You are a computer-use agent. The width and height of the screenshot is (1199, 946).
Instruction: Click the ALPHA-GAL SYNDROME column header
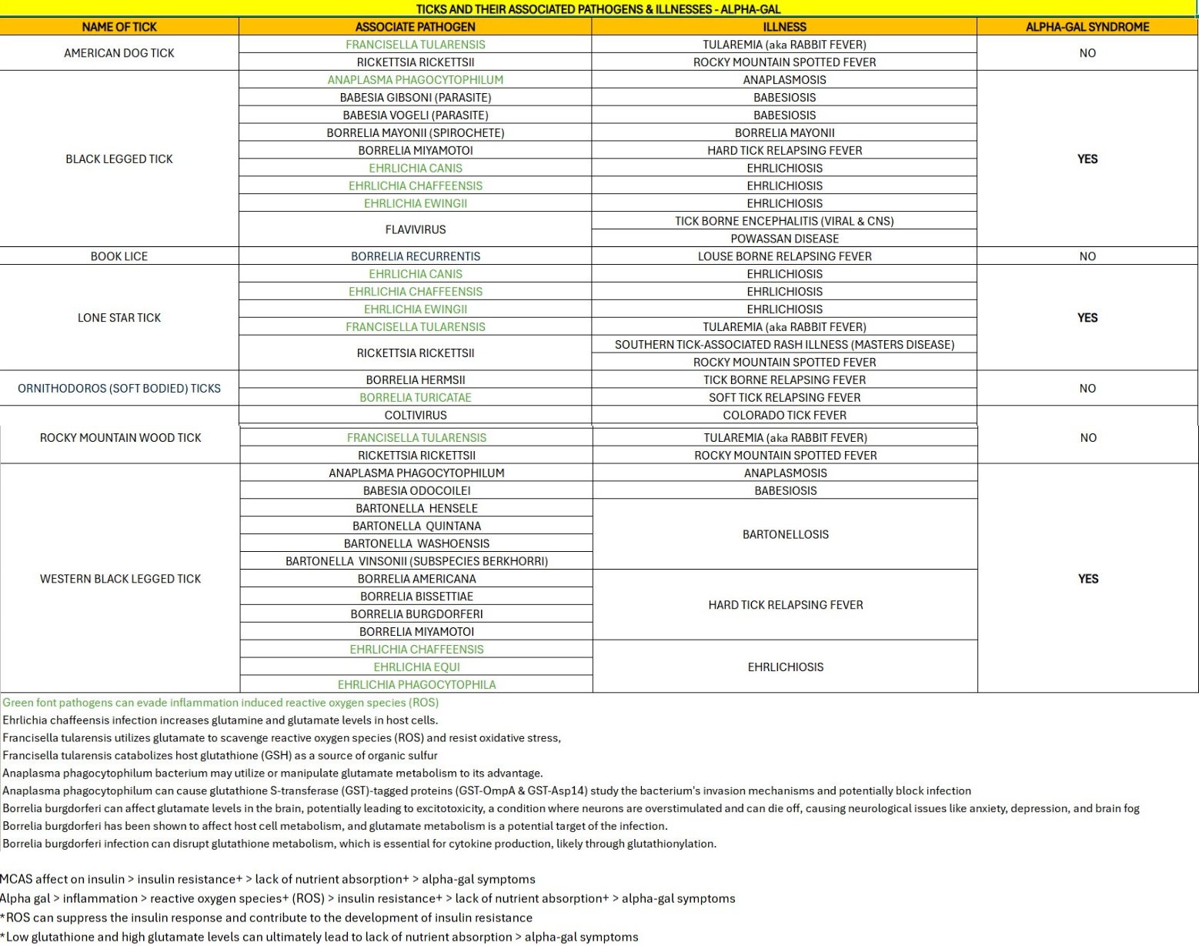pyautogui.click(x=1087, y=27)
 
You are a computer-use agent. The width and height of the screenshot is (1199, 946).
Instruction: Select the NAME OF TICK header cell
pyautogui.click(x=119, y=27)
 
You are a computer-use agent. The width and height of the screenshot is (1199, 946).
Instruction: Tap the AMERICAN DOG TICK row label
pyautogui.click(x=119, y=53)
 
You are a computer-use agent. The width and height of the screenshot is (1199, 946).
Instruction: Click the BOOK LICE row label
pyautogui.click(x=119, y=256)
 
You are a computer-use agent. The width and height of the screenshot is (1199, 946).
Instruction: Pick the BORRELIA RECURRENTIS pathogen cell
pyautogui.click(x=416, y=256)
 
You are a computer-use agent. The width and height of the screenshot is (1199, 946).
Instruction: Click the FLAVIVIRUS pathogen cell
pyautogui.click(x=416, y=229)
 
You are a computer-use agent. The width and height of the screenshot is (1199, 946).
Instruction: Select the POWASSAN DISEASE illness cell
pyautogui.click(x=784, y=239)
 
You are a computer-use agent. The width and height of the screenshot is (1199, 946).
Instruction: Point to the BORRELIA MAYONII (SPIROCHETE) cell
pyautogui.click(x=416, y=133)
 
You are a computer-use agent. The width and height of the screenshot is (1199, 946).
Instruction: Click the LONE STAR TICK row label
pyautogui.click(x=119, y=318)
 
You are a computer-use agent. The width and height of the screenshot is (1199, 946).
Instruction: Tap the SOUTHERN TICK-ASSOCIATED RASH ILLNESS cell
pyautogui.click(x=784, y=345)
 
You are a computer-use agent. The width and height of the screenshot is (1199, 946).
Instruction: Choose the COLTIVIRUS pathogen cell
pyautogui.click(x=416, y=416)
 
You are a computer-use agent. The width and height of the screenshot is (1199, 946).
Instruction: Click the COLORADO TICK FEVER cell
pyautogui.click(x=784, y=416)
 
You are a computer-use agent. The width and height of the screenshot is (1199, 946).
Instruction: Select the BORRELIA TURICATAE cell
pyautogui.click(x=416, y=398)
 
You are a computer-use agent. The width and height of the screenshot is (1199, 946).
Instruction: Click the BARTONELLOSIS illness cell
pyautogui.click(x=785, y=534)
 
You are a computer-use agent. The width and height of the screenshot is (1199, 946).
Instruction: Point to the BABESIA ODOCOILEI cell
pyautogui.click(x=416, y=491)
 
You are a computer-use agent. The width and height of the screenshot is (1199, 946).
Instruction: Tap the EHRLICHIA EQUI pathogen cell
pyautogui.click(x=416, y=667)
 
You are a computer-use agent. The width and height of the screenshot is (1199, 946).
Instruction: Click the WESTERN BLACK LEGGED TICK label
pyautogui.click(x=120, y=579)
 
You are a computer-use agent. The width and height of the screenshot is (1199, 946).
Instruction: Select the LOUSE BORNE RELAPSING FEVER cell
pyautogui.click(x=784, y=256)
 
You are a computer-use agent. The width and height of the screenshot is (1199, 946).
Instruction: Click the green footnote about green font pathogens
pyautogui.click(x=221, y=703)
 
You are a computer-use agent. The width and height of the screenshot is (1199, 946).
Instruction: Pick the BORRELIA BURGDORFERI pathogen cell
pyautogui.click(x=416, y=614)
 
